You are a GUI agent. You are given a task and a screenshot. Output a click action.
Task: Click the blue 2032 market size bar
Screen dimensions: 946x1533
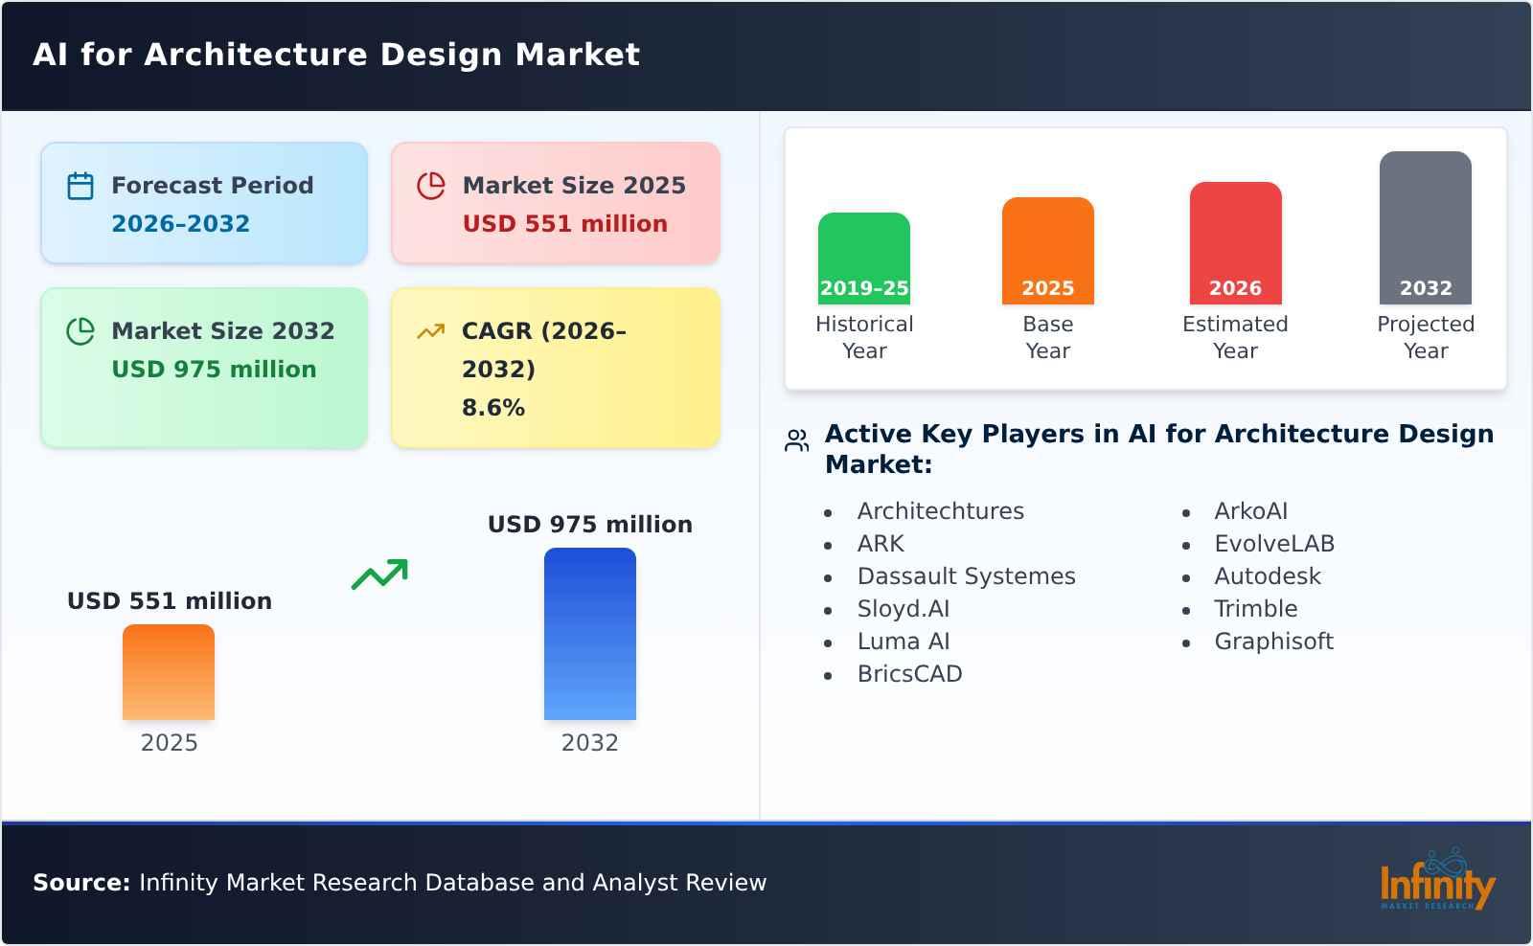click(589, 633)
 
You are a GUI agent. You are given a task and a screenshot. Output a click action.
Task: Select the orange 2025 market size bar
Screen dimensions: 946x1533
click(169, 671)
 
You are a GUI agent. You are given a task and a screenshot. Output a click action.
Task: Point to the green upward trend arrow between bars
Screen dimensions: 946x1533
click(379, 574)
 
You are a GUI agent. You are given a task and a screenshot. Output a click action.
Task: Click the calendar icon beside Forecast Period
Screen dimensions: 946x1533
click(80, 186)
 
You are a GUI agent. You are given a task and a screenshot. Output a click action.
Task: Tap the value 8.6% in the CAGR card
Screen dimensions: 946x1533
click(492, 408)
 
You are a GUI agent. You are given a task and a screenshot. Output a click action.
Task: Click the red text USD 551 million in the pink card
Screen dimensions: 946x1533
click(564, 224)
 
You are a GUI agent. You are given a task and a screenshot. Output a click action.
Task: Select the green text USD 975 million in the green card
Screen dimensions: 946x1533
click(214, 370)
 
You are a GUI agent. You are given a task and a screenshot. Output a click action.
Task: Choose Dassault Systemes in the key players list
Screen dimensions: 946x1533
click(966, 576)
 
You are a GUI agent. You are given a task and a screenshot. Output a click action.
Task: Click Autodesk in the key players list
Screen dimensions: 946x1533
click(1267, 576)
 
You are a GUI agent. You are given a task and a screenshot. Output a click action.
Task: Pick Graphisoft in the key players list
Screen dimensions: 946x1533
click(1273, 642)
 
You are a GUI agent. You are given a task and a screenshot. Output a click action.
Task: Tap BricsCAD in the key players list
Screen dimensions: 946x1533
click(909, 674)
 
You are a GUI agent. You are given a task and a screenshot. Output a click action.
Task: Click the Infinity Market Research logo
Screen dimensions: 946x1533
click(1436, 880)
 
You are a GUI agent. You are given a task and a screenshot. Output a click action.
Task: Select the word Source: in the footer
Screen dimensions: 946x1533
click(81, 883)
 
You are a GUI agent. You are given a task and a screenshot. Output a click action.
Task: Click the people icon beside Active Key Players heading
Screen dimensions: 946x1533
click(796, 440)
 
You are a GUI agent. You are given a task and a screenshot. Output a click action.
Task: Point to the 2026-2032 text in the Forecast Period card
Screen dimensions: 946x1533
click(180, 224)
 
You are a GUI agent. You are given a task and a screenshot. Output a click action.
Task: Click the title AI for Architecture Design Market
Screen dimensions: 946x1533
click(336, 55)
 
